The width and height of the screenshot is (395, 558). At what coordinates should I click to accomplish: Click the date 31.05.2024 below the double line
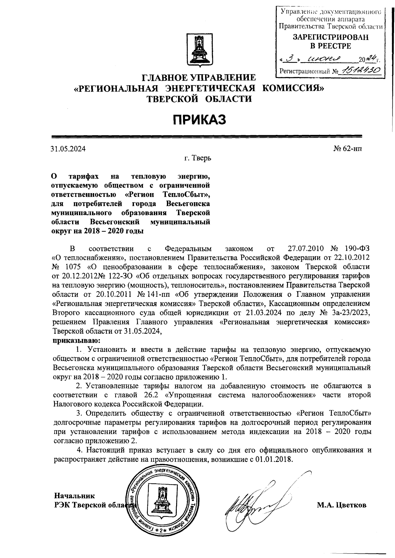tap(68, 149)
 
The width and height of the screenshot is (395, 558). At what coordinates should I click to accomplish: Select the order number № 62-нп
tap(348, 149)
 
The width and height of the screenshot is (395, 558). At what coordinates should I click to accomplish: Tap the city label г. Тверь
tap(197, 158)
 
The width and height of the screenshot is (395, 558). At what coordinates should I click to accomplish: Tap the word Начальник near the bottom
tap(74, 495)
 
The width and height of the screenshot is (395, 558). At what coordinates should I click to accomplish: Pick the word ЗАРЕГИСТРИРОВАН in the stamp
tap(331, 38)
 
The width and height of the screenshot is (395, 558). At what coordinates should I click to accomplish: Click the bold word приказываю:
tap(76, 340)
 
